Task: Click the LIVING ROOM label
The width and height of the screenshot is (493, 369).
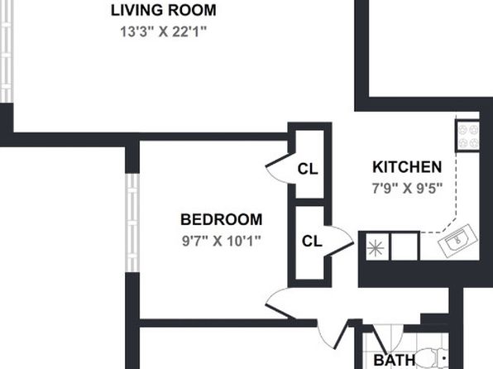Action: click(163, 10)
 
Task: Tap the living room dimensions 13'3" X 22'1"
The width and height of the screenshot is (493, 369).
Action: click(163, 31)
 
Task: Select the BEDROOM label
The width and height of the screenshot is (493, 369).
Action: click(222, 219)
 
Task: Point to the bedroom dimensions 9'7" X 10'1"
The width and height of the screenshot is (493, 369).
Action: click(222, 241)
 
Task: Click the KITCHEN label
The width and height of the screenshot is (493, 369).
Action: click(407, 167)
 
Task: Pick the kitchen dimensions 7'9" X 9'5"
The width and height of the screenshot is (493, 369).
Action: click(407, 188)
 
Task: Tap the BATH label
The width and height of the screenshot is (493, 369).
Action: click(395, 360)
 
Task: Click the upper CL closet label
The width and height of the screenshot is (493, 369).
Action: click(308, 169)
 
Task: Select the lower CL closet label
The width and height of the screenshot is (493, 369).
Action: click(312, 241)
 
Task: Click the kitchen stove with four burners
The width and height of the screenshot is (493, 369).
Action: click(467, 136)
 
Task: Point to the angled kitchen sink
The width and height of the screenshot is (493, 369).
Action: click(457, 240)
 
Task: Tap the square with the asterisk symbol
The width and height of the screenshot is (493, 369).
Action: click(376, 248)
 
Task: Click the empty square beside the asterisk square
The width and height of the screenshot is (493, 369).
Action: click(404, 247)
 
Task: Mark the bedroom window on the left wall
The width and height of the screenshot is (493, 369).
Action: click(132, 223)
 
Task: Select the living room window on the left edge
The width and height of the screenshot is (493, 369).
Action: click(7, 51)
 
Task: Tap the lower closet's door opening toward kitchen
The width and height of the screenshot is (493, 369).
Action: click(340, 241)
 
